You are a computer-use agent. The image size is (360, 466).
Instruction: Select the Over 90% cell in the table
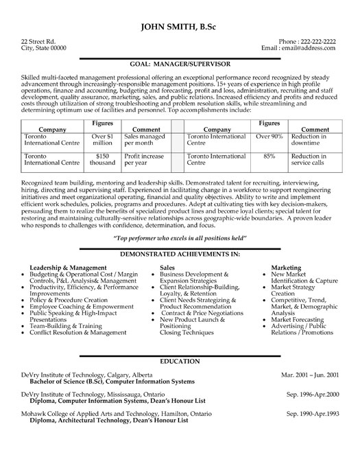[270, 137]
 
